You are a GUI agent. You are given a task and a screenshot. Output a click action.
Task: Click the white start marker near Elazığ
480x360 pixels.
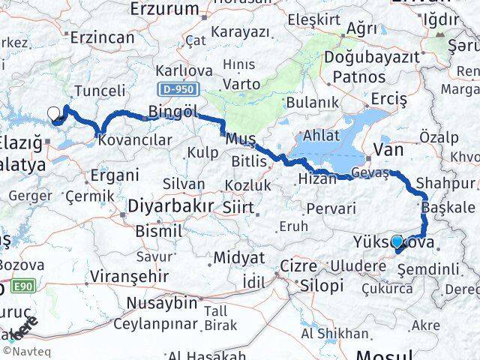54,114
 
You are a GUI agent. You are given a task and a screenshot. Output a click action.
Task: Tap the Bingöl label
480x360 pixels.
172,112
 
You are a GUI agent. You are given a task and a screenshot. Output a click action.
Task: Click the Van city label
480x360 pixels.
388,150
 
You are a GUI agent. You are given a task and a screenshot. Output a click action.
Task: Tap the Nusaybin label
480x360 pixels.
160,303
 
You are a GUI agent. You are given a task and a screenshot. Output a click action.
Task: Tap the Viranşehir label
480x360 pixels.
121,275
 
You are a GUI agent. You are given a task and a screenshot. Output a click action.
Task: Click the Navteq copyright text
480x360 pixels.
23,350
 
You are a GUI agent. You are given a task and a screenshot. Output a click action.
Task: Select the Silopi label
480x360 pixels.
322,286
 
